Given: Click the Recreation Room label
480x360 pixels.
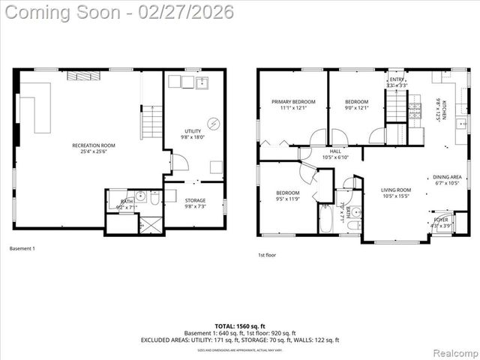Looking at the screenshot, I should coord(93,148).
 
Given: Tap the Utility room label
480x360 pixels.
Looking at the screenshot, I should coord(193,134).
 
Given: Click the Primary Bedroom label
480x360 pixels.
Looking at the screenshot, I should coord(293,104).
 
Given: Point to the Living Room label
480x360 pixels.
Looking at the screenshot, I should coord(396,193).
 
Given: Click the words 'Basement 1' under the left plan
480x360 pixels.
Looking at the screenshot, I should coord(22,248).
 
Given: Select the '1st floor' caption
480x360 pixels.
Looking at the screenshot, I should coord(266,255).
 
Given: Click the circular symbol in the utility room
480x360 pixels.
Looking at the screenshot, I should coord(213,124).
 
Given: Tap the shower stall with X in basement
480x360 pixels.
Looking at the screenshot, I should coord(152,223).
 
